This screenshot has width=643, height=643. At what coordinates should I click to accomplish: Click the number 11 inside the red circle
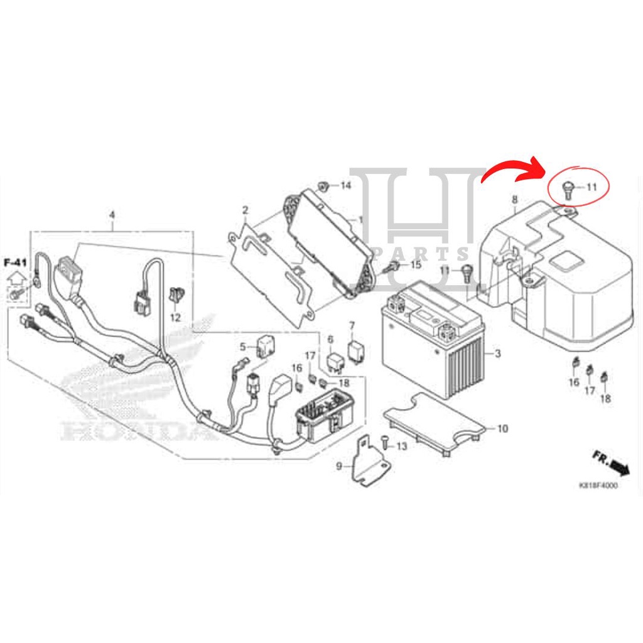[592, 186]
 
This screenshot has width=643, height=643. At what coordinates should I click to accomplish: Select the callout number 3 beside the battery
[497, 355]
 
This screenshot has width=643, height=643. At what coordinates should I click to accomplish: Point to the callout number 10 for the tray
[502, 429]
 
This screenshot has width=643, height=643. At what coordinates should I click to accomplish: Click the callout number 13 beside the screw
[402, 446]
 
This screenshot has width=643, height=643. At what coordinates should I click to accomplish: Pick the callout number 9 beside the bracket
[339, 466]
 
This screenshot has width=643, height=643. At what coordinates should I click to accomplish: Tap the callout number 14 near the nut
[345, 185]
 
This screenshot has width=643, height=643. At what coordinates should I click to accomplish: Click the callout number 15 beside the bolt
[416, 266]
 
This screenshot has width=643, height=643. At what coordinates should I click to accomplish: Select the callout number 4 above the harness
[112, 215]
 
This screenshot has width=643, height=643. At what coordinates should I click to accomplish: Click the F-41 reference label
[16, 262]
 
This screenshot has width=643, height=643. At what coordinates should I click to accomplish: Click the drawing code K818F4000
[598, 485]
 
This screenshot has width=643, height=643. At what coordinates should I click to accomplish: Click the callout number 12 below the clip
[175, 318]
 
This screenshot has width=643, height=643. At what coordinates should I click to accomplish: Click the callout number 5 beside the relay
[242, 346]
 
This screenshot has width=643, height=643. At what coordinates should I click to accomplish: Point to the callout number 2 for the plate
[245, 210]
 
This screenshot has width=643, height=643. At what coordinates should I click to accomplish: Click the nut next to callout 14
[325, 185]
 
